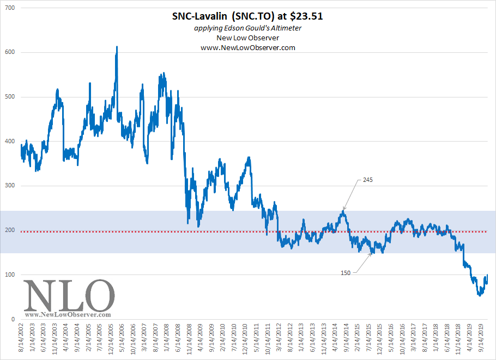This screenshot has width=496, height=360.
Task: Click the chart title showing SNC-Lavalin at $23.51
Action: (247, 16)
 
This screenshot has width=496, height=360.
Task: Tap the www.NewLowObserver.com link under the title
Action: (248, 48)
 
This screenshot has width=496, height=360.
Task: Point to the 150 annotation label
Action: (345, 273)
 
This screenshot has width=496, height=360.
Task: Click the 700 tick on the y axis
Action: (10, 8)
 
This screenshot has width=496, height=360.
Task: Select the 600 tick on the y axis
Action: (10, 52)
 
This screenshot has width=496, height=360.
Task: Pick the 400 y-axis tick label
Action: (10, 141)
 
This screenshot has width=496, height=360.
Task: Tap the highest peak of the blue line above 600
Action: (117, 47)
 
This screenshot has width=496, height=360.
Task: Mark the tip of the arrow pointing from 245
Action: (343, 210)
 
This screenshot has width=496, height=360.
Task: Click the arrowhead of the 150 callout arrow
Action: (372, 253)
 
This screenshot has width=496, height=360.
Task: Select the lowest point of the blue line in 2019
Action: (480, 295)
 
